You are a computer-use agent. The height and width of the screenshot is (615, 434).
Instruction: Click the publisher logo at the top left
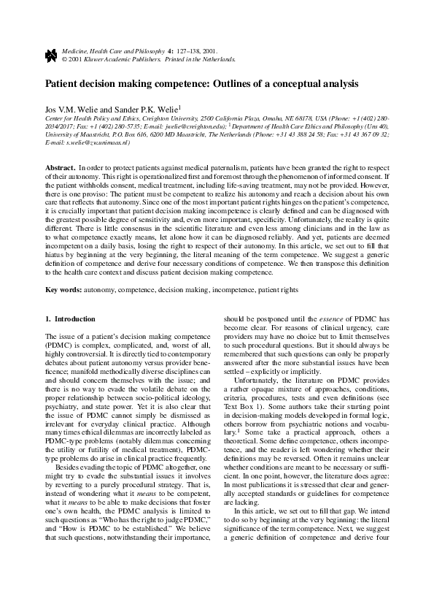(50, 54)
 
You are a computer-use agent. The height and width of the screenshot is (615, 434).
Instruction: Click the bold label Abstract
(61, 168)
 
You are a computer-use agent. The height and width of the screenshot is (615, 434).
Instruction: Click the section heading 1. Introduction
(70, 319)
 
